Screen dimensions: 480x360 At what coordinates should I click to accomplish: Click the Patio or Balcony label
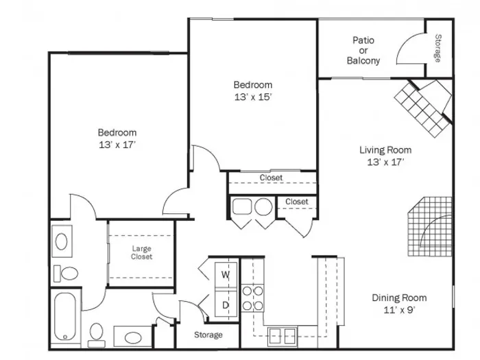[363, 51]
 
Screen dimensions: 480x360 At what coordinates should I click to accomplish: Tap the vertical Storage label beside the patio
[438, 48]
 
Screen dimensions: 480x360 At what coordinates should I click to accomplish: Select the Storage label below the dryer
[208, 335]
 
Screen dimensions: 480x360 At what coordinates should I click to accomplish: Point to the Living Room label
[385, 150]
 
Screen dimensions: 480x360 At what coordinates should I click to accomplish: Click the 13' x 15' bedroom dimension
[253, 97]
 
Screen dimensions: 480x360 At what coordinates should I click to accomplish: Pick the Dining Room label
[399, 298]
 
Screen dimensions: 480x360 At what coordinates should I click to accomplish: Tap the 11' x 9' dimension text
[399, 310]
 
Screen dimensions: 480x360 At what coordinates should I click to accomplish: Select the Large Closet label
[141, 252]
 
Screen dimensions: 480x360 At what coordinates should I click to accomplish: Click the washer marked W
[226, 275]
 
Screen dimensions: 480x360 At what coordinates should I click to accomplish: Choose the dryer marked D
[226, 304]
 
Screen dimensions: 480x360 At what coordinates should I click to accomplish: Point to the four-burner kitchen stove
[252, 298]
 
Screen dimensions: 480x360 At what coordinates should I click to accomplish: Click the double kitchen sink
[282, 336]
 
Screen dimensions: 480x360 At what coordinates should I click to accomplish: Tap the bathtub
[65, 317]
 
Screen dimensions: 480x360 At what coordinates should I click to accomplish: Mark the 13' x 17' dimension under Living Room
[385, 162]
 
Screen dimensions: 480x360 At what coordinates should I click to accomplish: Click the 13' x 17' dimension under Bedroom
[117, 145]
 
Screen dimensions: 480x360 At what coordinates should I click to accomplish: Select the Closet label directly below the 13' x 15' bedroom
[272, 178]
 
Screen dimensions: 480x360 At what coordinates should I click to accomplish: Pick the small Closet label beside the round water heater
[297, 202]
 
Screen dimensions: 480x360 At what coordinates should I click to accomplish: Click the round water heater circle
[263, 206]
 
